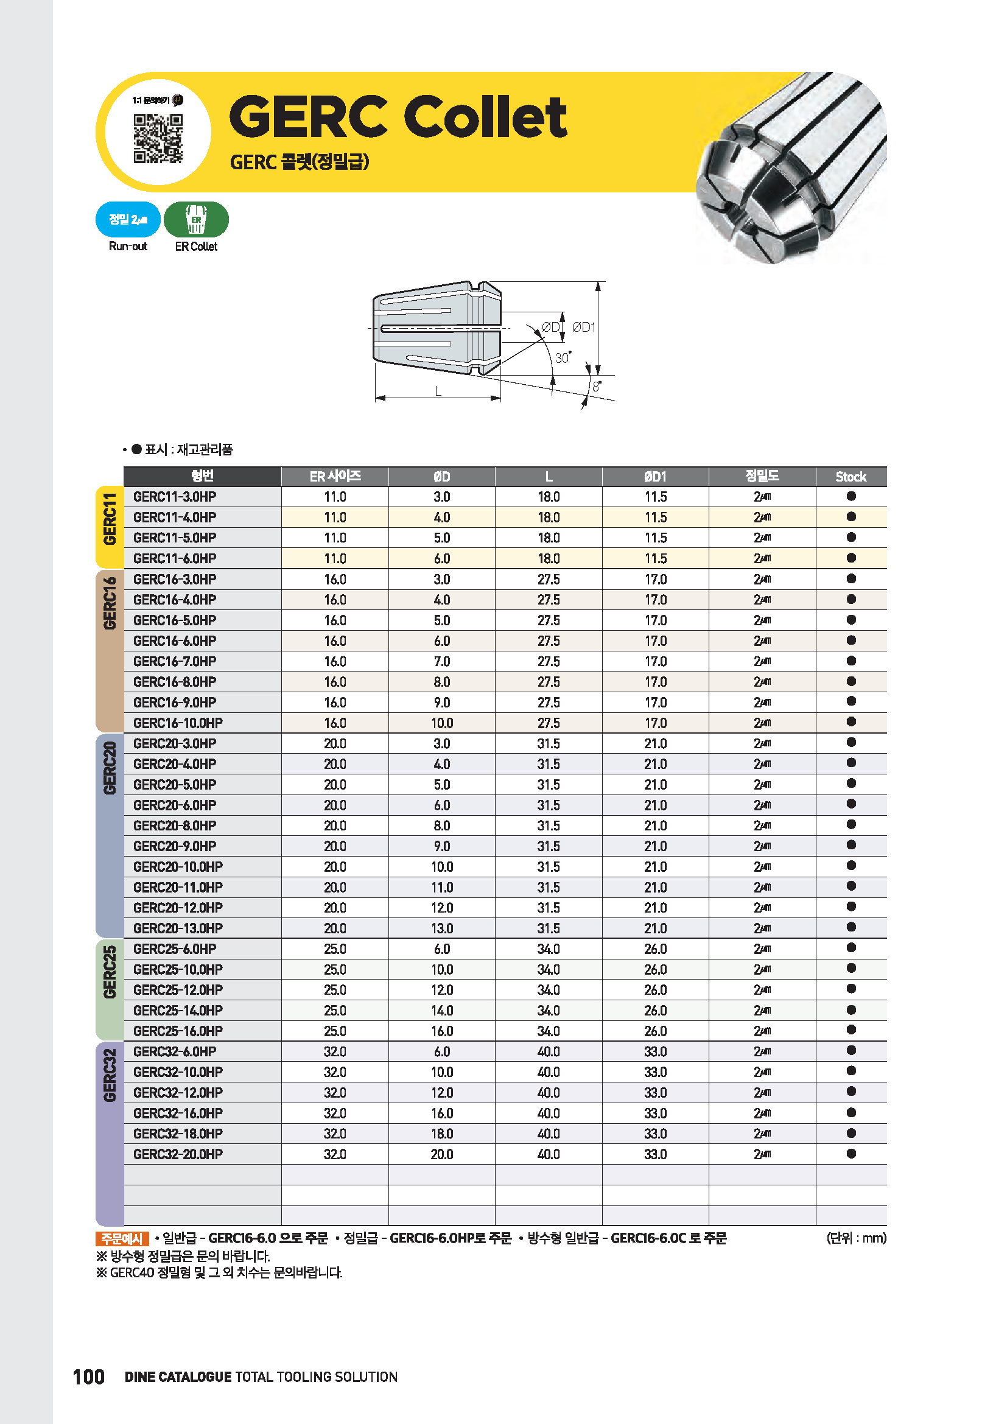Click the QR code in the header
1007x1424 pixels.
pos(158,138)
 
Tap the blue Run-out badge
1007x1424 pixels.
pos(128,220)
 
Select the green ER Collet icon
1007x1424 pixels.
pos(196,220)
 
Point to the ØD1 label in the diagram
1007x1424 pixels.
pos(583,327)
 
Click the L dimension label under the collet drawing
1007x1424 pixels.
pos(438,391)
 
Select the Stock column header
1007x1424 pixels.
pos(851,476)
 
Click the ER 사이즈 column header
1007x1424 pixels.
pos(335,476)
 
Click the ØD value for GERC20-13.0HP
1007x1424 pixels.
pos(441,928)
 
